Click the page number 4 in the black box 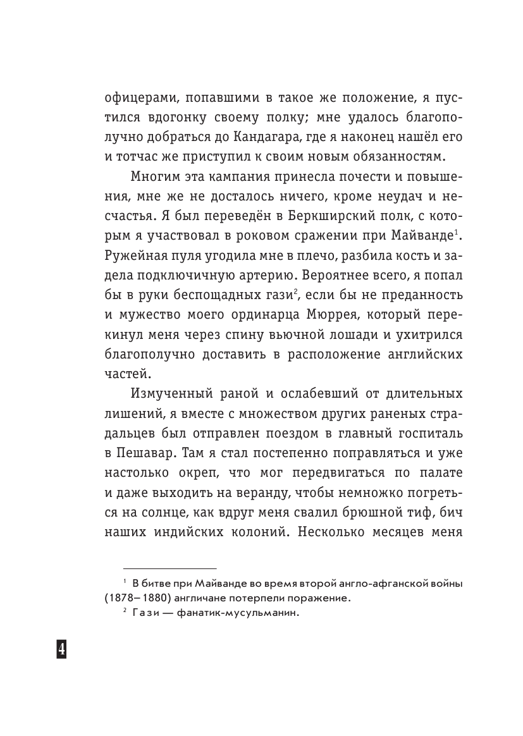(x=61, y=649)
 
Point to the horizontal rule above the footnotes (x=169, y=568)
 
